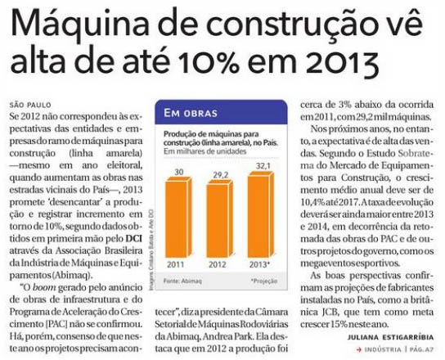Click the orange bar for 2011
pos(178,218)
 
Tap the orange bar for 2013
pos(261,215)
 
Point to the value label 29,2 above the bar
pos(221,175)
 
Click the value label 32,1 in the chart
pos(263,166)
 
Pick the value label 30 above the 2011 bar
pos(179,172)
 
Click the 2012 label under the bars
pos(218,265)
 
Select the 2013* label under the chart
pos(259,264)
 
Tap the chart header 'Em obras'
pos(191,113)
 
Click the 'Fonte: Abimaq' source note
pos(182,281)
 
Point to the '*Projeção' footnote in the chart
pos(264,281)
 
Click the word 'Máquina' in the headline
pos(80,23)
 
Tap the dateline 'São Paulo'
pos(30,105)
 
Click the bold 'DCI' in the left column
pos(133,238)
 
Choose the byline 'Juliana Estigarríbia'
pos(390,338)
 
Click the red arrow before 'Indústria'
pos(359,350)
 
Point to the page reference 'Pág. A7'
pos(421,349)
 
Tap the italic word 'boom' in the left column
pos(44,288)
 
